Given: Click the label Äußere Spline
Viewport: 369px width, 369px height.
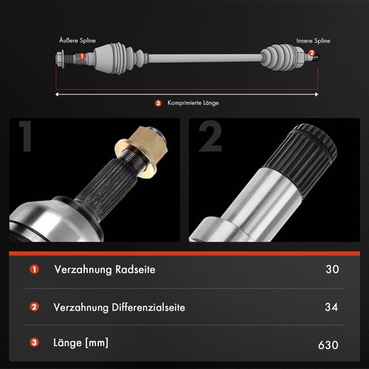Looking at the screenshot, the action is (77, 41).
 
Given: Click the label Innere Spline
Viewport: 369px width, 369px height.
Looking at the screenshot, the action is (313, 41).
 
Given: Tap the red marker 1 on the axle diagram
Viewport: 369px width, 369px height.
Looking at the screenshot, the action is (82, 56).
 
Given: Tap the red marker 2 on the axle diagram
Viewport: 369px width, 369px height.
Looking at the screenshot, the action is (311, 53).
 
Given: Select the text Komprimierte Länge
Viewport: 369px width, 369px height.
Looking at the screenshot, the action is (193, 103).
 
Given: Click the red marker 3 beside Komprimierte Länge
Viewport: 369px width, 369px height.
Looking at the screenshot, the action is (158, 103).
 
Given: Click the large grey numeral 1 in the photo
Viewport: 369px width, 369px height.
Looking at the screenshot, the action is (26, 136).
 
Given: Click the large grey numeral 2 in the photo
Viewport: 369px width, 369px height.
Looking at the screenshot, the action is (210, 137).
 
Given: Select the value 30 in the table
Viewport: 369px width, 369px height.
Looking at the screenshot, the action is (332, 269).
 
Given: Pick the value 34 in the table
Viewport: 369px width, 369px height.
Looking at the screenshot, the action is (331, 307).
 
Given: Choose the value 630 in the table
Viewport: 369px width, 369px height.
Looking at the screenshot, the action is (328, 345).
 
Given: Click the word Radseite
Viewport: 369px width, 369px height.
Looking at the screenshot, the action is (135, 269).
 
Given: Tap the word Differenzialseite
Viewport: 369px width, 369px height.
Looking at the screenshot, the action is (148, 307).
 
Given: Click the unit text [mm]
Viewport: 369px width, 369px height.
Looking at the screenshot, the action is (97, 342).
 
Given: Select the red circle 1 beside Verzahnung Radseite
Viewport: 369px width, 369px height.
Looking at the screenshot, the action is (35, 269).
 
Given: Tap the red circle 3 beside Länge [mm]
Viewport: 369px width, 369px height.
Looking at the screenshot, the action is (35, 342).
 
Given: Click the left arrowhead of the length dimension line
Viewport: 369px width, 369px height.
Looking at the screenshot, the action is (57, 94).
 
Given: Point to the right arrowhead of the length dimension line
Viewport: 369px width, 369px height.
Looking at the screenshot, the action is (317, 94).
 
